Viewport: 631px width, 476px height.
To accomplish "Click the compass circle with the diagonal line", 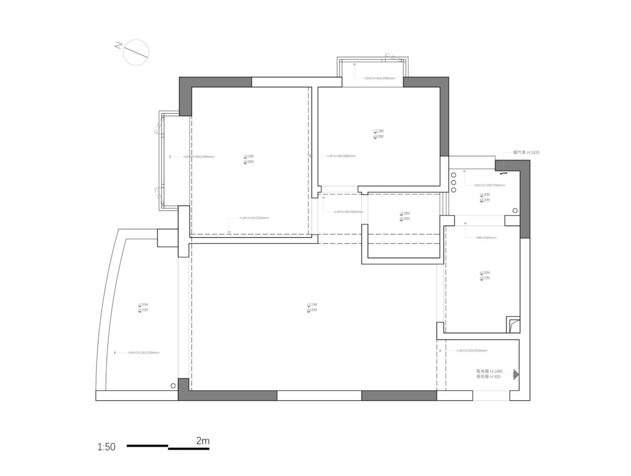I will pyautogui.click(x=136, y=52).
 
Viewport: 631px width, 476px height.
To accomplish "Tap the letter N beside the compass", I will pyautogui.click(x=118, y=45).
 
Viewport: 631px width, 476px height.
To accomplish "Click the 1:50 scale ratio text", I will pyautogui.click(x=106, y=447).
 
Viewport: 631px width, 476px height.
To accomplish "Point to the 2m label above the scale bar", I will pyautogui.click(x=203, y=441).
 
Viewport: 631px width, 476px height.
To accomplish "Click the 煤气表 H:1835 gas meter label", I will pyautogui.click(x=526, y=152).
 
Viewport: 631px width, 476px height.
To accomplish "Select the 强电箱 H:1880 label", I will pyautogui.click(x=489, y=371).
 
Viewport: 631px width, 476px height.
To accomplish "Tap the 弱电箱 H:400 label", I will pyautogui.click(x=488, y=377).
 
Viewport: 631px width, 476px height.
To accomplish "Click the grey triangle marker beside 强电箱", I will pyautogui.click(x=516, y=374).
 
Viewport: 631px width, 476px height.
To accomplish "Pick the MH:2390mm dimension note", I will pyautogui.click(x=486, y=238).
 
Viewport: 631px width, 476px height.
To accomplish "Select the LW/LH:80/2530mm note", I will pyautogui.click(x=254, y=218).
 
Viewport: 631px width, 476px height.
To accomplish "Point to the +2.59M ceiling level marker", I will pyautogui.click(x=405, y=213).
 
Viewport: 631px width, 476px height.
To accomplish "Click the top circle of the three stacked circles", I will pyautogui.click(x=454, y=175).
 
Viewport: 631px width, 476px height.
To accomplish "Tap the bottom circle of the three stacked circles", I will pyautogui.click(x=454, y=190).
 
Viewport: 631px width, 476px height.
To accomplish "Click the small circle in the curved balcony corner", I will pyautogui.click(x=173, y=386).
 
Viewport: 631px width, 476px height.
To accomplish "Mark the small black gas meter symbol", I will pyautogui.click(x=503, y=173).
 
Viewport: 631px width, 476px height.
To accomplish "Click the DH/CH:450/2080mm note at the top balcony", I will pyautogui.click(x=379, y=79).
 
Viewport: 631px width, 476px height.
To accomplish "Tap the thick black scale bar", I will pyautogui.click(x=168, y=447).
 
